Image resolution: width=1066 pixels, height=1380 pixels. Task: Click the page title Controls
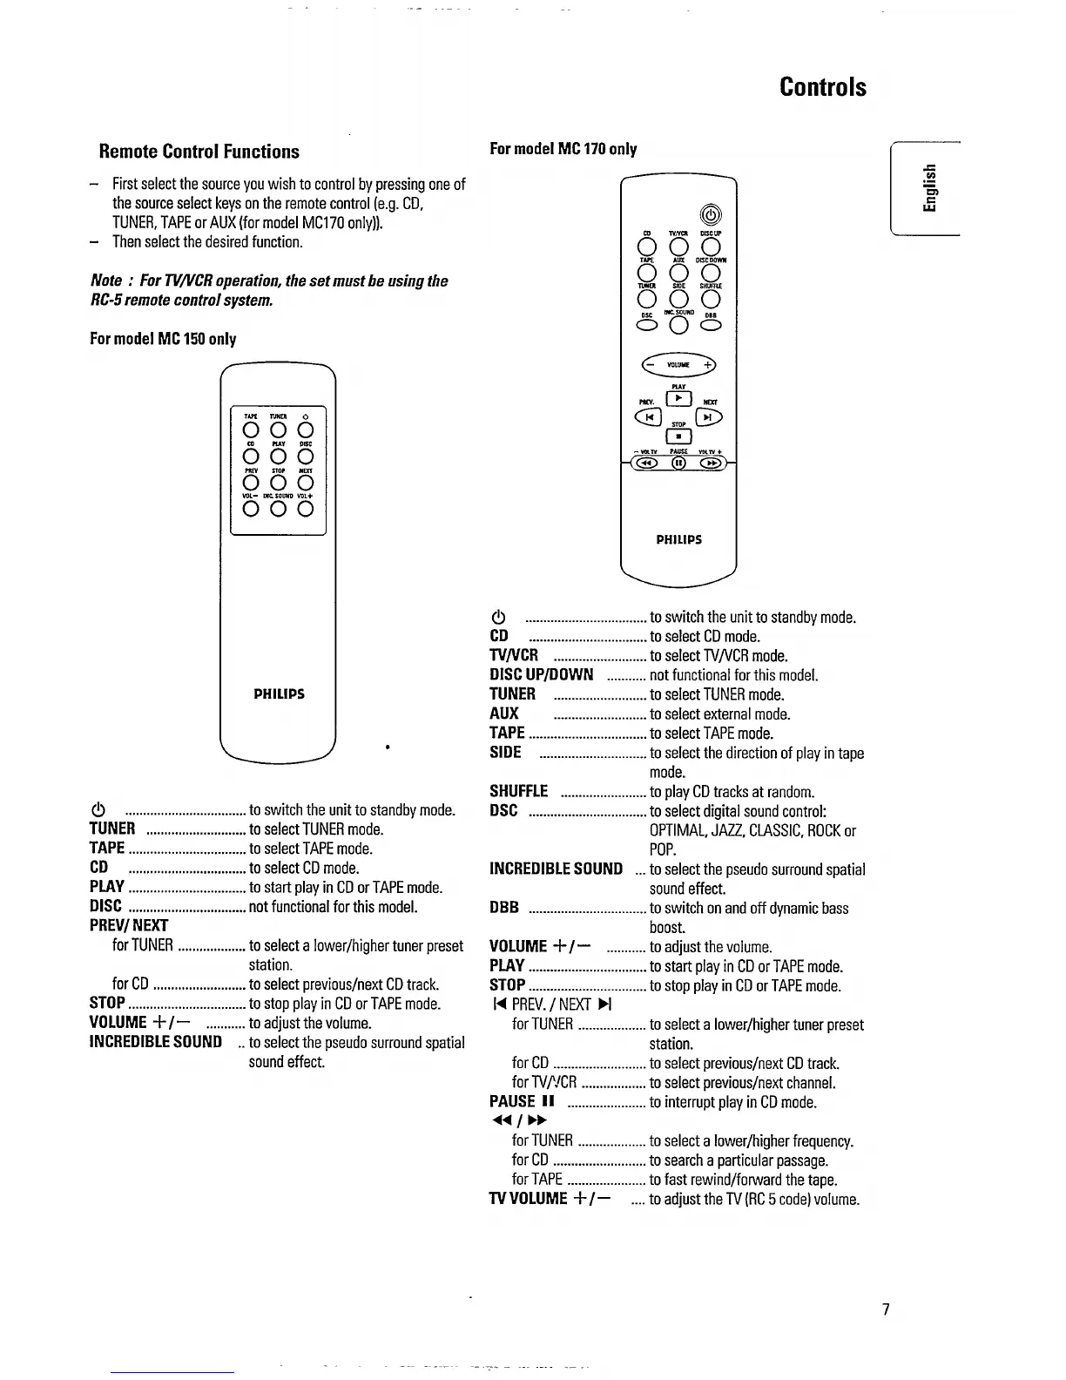823,87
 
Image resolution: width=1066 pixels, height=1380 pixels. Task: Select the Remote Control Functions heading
199,152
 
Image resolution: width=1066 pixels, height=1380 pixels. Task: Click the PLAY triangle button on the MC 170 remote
678,401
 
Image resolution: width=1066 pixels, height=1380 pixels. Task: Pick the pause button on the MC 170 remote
678,463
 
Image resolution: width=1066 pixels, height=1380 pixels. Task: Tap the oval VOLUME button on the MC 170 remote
678,365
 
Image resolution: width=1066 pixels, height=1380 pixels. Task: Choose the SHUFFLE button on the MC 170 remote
711,301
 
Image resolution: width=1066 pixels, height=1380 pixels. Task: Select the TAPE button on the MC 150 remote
251,431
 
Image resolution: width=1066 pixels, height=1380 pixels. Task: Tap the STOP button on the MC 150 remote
278,484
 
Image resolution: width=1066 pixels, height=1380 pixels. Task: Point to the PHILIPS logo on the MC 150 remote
279,694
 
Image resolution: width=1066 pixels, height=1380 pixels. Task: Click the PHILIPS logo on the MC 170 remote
678,539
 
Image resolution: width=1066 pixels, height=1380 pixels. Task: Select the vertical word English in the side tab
931,188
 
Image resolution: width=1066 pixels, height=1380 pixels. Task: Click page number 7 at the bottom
886,1309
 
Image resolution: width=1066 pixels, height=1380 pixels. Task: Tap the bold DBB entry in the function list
504,908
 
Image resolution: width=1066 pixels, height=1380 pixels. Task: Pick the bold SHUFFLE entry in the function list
519,791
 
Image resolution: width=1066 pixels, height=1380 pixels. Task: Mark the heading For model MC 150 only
163,339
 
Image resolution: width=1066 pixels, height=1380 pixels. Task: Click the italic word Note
106,281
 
